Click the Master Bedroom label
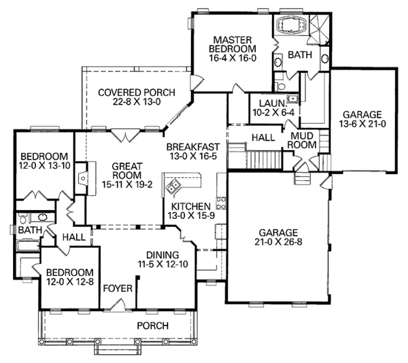233,44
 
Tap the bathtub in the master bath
291,24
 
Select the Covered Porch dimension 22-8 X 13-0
137,102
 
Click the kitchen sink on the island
173,186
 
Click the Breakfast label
193,147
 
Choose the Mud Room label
302,141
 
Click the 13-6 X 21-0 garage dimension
362,124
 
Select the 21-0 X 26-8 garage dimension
278,241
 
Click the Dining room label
163,255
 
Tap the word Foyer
118,288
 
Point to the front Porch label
153,326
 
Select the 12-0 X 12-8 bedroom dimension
70,281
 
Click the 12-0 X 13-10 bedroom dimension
44,165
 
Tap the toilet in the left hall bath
22,218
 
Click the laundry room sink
292,99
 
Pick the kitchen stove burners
221,203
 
